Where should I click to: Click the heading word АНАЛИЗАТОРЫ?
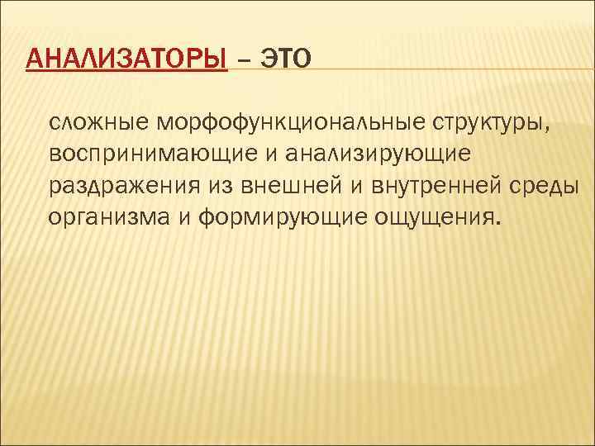pos(126,59)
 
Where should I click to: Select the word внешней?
pos(287,184)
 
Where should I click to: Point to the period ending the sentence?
pos(498,221)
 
